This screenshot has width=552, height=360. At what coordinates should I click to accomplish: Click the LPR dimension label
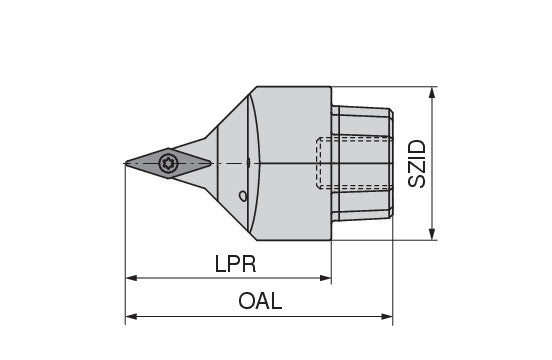236,264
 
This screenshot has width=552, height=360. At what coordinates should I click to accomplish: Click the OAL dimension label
260,301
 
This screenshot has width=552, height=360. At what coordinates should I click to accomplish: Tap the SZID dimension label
417,164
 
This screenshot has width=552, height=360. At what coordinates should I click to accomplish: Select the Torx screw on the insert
168,163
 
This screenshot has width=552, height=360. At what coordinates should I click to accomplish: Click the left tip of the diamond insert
125,163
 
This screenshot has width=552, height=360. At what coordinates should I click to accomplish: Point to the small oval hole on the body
243,196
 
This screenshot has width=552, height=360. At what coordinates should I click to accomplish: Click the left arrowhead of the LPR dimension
131,278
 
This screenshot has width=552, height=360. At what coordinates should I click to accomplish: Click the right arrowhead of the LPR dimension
325,278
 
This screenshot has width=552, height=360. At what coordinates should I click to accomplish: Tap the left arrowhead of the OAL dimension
131,317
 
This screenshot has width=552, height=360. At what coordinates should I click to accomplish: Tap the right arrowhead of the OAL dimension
387,317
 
